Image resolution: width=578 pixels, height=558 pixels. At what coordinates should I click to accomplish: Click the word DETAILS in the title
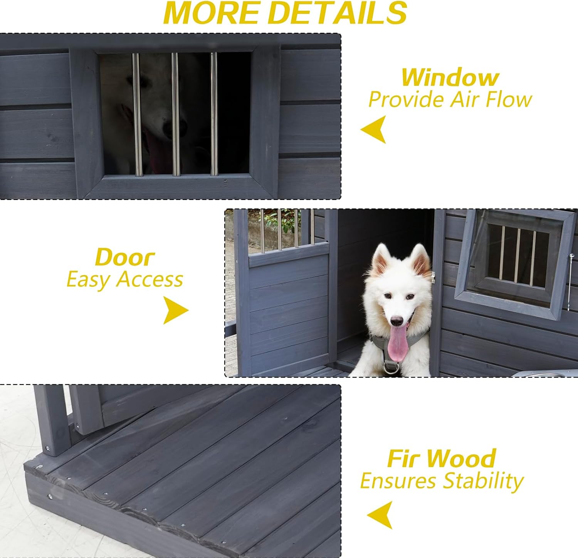(x=339, y=13)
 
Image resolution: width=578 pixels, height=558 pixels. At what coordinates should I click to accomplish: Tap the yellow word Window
(x=450, y=77)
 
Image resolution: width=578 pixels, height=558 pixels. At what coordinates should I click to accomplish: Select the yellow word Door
(x=124, y=257)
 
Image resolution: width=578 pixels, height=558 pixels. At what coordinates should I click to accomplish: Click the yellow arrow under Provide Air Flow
(x=375, y=129)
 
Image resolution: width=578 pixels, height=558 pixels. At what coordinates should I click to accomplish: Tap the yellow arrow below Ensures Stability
(x=381, y=515)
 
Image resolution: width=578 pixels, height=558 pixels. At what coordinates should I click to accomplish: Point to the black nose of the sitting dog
(x=397, y=321)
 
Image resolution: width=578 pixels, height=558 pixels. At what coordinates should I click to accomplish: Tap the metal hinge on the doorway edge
(x=433, y=277)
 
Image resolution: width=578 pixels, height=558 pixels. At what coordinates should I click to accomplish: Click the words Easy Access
(x=124, y=279)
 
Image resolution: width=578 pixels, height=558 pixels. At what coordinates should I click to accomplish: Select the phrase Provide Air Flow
(x=450, y=99)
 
